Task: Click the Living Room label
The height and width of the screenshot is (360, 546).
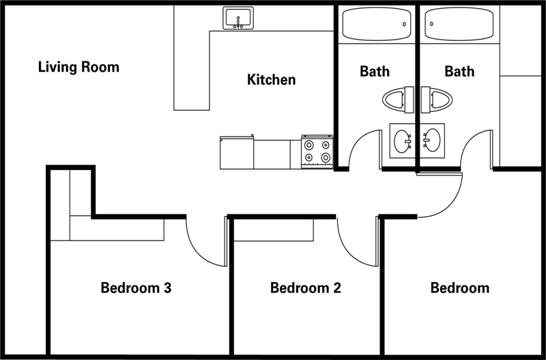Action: [x=78, y=67]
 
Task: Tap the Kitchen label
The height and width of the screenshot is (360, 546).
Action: [x=271, y=80]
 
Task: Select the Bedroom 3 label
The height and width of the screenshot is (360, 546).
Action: [x=136, y=288]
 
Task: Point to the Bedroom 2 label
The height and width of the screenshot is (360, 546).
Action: [x=305, y=288]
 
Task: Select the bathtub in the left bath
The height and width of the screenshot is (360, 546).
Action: [x=376, y=25]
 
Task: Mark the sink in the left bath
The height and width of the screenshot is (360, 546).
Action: [x=401, y=140]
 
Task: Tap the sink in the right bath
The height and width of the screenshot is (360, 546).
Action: [x=433, y=140]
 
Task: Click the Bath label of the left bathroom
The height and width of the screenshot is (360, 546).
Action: [x=375, y=71]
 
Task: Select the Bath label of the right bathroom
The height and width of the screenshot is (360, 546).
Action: [x=459, y=71]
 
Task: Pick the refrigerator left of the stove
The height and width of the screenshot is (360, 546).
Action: [x=236, y=153]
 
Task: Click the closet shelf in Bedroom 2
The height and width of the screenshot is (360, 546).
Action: [x=274, y=230]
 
